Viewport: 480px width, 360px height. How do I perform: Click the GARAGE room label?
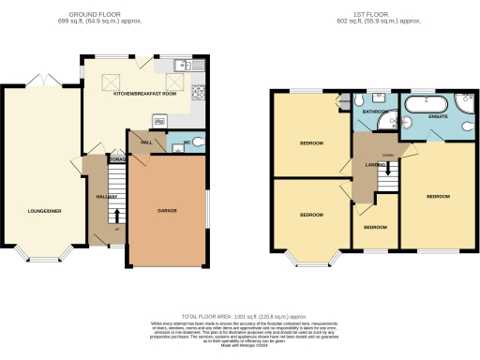pyautogui.click(x=168, y=210)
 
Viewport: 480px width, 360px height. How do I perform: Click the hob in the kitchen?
pyautogui.click(x=198, y=92)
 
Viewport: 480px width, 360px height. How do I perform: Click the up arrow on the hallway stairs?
pyautogui.click(x=115, y=217)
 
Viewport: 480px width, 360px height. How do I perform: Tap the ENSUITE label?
pyautogui.click(x=438, y=116)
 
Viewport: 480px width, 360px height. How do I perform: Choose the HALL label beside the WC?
pyautogui.click(x=146, y=142)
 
